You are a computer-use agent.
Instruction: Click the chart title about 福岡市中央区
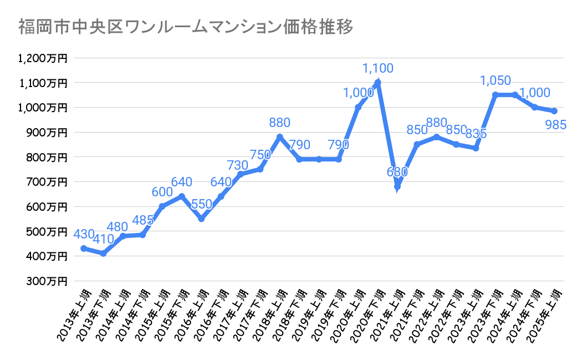[x=185, y=27]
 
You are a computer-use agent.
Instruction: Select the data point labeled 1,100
[x=377, y=83]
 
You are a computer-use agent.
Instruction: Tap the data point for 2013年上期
[x=83, y=249]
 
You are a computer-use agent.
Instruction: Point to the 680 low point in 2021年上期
[x=397, y=186]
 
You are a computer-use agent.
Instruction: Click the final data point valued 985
[x=554, y=111]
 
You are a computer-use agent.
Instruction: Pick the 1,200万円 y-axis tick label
[x=42, y=58]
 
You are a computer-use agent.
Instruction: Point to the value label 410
[x=104, y=240]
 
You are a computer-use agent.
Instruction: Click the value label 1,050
[x=495, y=81]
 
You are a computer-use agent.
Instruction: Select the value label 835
[x=476, y=134]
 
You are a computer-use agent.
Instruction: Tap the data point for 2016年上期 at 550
[x=201, y=219]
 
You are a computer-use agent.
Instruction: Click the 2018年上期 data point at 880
[x=279, y=137]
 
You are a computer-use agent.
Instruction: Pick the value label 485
[x=144, y=221]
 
